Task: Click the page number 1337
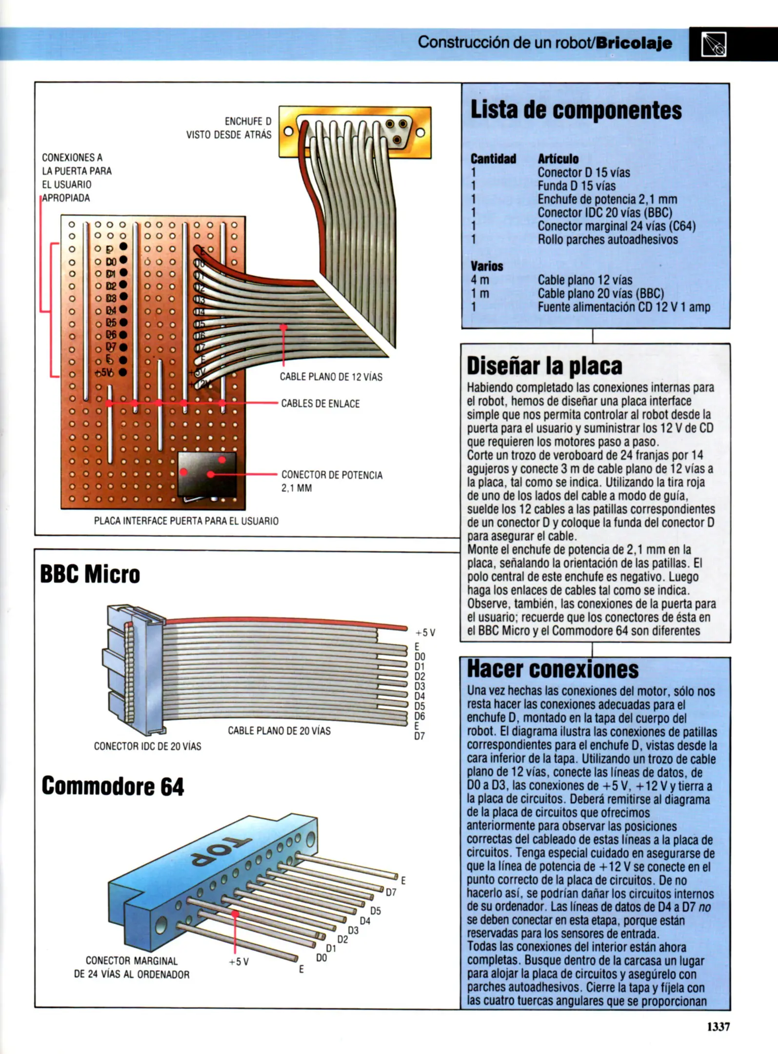pyautogui.click(x=718, y=1026)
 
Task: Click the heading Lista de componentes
pyautogui.click(x=576, y=110)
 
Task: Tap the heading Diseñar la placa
pyautogui.click(x=544, y=366)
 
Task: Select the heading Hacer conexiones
pyautogui.click(x=553, y=669)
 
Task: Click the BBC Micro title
pyautogui.click(x=90, y=574)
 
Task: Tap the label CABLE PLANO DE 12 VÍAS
pyautogui.click(x=331, y=377)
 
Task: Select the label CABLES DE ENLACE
pyautogui.click(x=320, y=404)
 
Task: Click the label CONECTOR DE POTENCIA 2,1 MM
pyautogui.click(x=332, y=481)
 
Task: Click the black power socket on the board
pyautogui.click(x=207, y=474)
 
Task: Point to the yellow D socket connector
pyautogui.click(x=355, y=132)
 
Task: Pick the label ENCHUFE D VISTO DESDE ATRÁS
pyautogui.click(x=229, y=128)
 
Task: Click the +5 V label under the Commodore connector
pyautogui.click(x=239, y=962)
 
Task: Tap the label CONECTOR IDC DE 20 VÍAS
pyautogui.click(x=147, y=746)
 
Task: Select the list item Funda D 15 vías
pyautogui.click(x=576, y=186)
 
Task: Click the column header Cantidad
pyautogui.click(x=493, y=159)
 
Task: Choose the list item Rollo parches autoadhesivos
pyautogui.click(x=607, y=240)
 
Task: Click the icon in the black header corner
pyautogui.click(x=714, y=44)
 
